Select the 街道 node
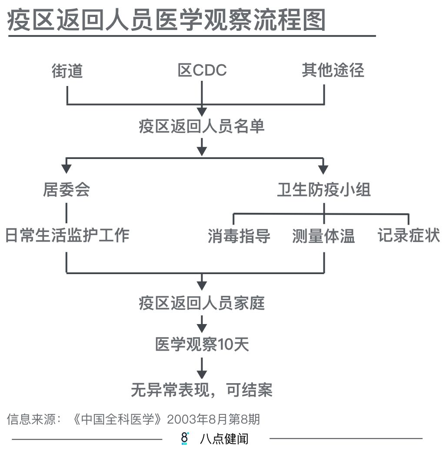tap(67, 71)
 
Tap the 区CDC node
tap(202, 71)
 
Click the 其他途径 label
tap(333, 71)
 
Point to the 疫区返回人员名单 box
tap(202, 127)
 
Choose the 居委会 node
tap(67, 190)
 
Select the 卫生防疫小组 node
tap(324, 190)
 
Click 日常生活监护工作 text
tap(67, 235)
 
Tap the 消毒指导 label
tap(239, 236)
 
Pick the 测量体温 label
tap(323, 236)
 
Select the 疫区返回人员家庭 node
tap(202, 303)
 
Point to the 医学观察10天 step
tap(202, 345)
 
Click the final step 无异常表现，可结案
tap(202, 390)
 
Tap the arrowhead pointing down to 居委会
tap(67, 168)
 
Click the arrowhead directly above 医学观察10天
tap(202, 328)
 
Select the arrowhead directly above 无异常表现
tap(202, 373)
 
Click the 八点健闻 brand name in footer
tap(224, 439)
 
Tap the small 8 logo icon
tap(184, 438)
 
